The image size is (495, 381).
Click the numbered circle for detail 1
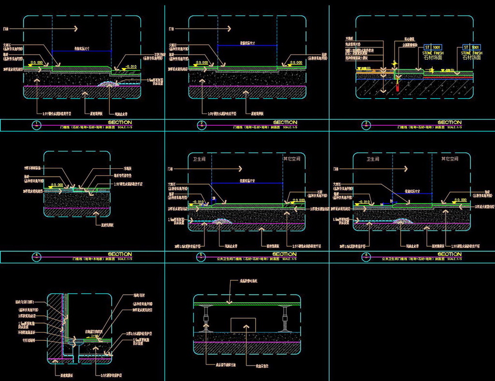pyautogui.click(x=36, y=125)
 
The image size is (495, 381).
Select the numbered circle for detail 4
pyautogui.click(x=36, y=256)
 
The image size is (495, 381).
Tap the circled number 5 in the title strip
pyautogui.click(x=201, y=256)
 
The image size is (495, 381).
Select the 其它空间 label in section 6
pyautogui.click(x=452, y=159)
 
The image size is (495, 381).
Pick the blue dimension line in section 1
pyautogui.click(x=82, y=51)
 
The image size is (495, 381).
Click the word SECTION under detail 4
pyautogui.click(x=119, y=254)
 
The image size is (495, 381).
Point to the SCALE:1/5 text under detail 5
pyautogui.click(x=291, y=259)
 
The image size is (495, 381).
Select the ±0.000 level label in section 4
pyautogui.click(x=57, y=185)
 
